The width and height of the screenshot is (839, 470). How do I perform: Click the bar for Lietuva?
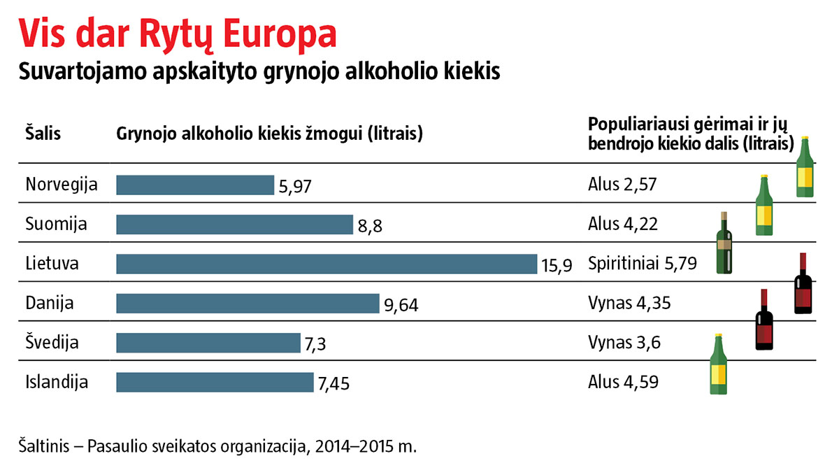tap(326, 264)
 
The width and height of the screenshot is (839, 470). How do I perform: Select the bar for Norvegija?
tap(195, 185)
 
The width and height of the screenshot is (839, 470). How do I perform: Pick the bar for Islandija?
tap(215, 383)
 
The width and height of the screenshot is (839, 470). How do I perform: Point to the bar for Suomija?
tap(234, 225)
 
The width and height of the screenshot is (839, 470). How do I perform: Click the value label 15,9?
tap(557, 266)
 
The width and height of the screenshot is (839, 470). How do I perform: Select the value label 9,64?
tap(401, 306)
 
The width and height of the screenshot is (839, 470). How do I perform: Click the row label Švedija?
tap(52, 343)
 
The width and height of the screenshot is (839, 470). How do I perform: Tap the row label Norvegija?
tap(61, 185)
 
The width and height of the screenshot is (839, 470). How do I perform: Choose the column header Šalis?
tap(43, 133)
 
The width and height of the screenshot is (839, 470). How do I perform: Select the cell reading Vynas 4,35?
tap(624, 304)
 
